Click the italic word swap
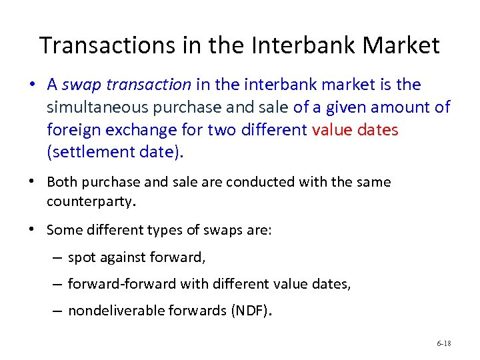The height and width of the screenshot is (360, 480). click(83, 85)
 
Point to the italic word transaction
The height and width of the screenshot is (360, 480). click(149, 85)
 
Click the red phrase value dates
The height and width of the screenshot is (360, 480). click(355, 129)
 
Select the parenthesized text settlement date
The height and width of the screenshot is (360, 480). click(114, 152)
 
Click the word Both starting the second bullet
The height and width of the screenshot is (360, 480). click(61, 182)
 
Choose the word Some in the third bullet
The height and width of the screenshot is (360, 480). click(62, 230)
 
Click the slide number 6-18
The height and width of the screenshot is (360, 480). click(444, 343)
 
